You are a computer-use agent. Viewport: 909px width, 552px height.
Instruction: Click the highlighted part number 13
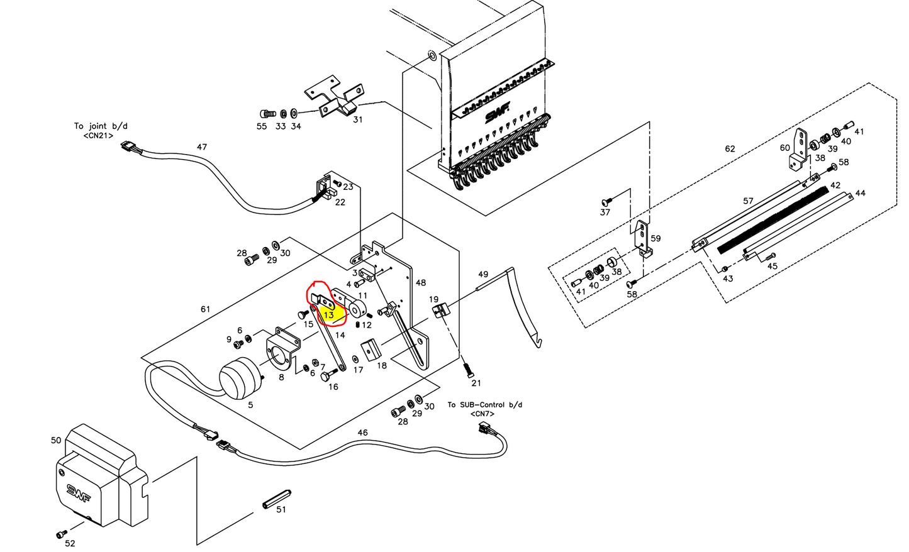click(x=328, y=314)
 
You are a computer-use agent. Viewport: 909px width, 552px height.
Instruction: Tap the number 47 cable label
click(x=201, y=147)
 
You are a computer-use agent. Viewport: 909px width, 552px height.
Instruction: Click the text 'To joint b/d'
click(x=101, y=126)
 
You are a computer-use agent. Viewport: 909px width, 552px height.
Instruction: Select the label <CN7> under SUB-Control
click(x=482, y=414)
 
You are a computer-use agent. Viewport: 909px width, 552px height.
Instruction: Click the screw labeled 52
click(x=62, y=533)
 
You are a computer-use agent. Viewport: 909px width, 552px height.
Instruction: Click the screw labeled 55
click(x=267, y=114)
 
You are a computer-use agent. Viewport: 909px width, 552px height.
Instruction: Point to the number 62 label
click(x=730, y=149)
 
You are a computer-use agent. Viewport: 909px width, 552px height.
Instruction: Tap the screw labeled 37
click(x=606, y=201)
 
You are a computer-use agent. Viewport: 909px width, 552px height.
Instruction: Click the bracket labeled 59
click(x=642, y=239)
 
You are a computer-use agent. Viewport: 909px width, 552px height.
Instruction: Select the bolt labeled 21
click(x=467, y=368)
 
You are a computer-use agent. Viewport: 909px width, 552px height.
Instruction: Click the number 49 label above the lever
click(x=483, y=275)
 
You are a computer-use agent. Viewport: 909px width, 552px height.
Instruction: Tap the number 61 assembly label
click(x=205, y=309)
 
